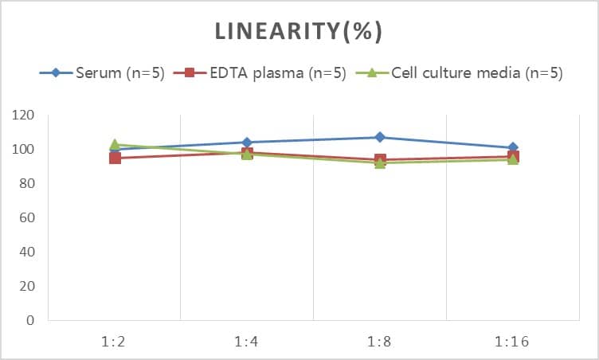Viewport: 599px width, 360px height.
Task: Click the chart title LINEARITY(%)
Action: coord(299,31)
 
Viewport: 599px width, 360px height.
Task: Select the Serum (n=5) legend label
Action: coord(120,73)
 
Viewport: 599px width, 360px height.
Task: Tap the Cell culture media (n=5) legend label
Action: coord(477,73)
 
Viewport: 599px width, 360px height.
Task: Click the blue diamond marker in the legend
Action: coord(56,73)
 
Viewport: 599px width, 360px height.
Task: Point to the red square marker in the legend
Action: coord(190,73)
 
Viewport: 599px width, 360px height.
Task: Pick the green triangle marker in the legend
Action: coord(371,73)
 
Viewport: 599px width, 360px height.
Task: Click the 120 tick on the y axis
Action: coord(24,115)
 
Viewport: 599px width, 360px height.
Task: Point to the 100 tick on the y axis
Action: coord(24,150)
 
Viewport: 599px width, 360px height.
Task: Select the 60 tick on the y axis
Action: coord(27,218)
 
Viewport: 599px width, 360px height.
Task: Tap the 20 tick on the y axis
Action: coord(27,287)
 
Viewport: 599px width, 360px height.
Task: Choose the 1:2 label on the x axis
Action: coord(115,342)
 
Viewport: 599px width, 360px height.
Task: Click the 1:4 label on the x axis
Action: coord(247,342)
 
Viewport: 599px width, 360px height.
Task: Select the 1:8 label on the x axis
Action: coord(380,342)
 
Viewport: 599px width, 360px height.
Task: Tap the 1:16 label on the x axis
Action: coord(512,342)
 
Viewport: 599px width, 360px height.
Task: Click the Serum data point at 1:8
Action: coord(380,137)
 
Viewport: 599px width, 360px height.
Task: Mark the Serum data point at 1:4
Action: coord(247,143)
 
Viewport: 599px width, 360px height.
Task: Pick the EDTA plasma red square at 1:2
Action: coord(115,158)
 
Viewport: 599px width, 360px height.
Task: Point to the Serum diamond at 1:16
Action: coord(513,147)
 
